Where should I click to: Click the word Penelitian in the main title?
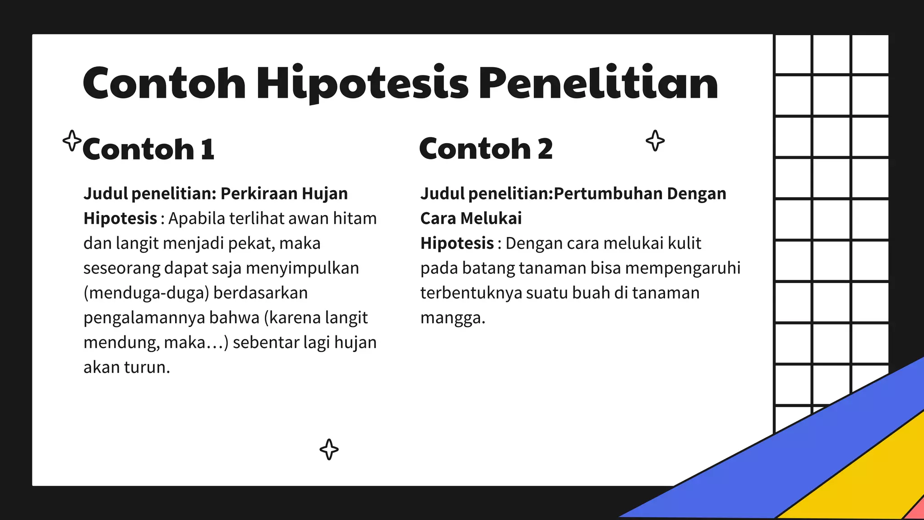click(x=598, y=84)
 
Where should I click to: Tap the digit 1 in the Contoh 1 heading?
click(x=207, y=149)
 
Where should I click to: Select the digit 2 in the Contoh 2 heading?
click(x=545, y=149)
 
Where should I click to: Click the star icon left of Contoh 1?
click(x=72, y=141)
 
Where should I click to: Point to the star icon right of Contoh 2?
click(x=655, y=141)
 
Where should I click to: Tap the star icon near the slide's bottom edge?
click(x=329, y=450)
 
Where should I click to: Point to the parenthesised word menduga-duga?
click(x=147, y=293)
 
